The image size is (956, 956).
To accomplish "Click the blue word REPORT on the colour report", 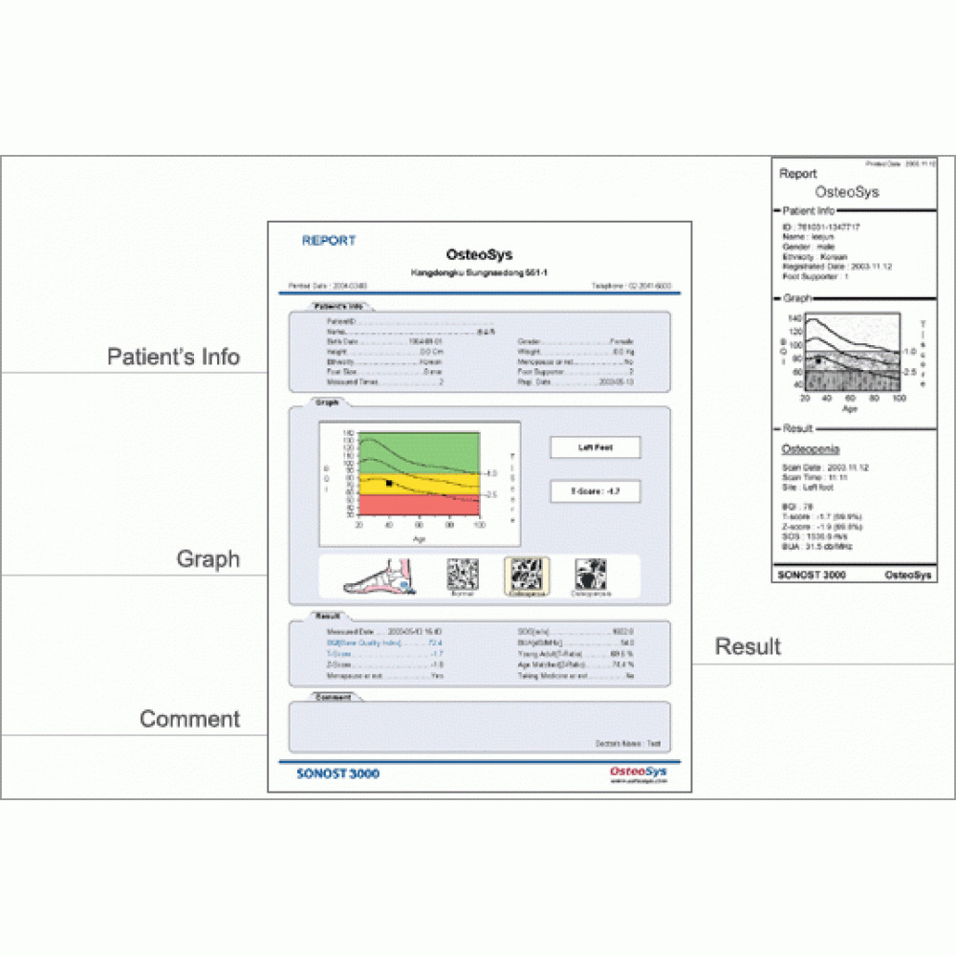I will (x=329, y=241).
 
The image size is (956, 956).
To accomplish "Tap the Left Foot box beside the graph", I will (x=595, y=447).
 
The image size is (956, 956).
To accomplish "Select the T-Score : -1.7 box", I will (x=595, y=490).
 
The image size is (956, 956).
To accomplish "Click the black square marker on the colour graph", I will (x=389, y=484).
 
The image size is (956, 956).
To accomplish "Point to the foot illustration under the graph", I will (x=376, y=576).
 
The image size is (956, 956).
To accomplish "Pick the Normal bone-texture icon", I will (x=463, y=576).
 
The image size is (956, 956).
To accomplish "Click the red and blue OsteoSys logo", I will (x=638, y=771).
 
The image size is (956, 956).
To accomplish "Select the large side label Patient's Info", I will (x=173, y=358).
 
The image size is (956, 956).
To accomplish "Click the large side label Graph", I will (x=207, y=559).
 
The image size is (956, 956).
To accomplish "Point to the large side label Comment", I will (x=190, y=719).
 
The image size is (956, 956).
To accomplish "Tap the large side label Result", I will (x=749, y=647).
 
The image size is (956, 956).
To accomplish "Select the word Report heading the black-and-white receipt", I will (x=798, y=174).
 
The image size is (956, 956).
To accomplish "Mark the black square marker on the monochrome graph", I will (x=819, y=361).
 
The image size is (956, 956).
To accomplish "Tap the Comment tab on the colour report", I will (x=334, y=697).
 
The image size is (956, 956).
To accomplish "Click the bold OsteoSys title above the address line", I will (x=479, y=255).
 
